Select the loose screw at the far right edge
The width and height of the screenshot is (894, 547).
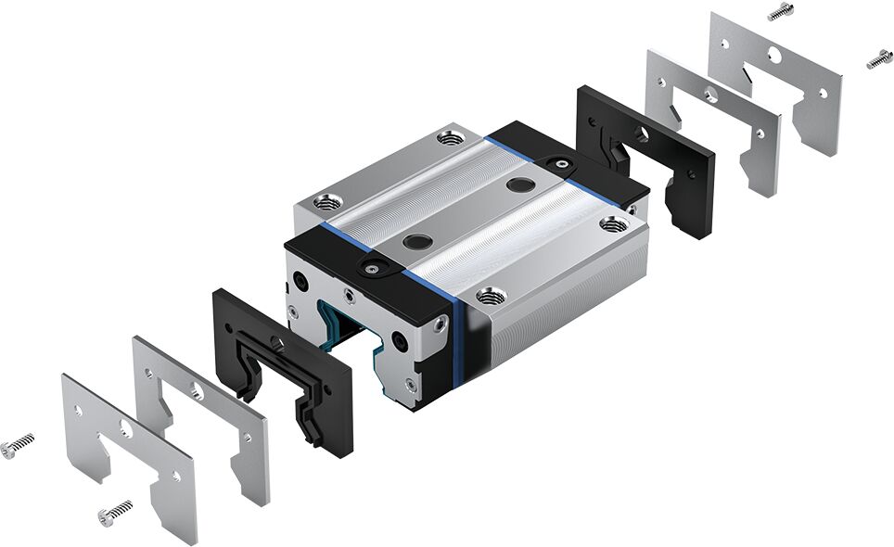coord(879,58)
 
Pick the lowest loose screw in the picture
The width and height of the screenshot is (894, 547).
coord(114,511)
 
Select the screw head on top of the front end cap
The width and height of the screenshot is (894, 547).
coord(371,268)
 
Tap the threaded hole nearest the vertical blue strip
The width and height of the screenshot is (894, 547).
coord(492,296)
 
